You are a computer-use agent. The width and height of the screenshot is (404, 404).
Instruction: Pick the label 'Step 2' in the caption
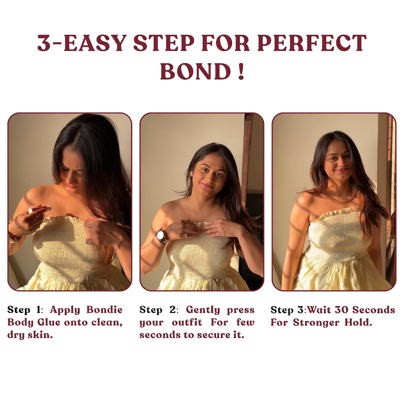click(x=157, y=310)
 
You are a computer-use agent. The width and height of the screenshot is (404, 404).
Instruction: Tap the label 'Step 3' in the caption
click(x=287, y=310)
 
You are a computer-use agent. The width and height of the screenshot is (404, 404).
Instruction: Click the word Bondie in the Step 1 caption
click(x=105, y=310)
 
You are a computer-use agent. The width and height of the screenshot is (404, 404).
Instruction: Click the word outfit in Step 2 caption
click(x=187, y=322)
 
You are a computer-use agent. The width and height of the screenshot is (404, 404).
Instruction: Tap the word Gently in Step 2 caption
click(x=203, y=310)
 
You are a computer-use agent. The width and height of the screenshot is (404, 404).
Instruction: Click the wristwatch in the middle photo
click(x=162, y=235)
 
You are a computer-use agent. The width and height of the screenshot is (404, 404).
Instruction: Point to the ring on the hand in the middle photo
click(x=186, y=235)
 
